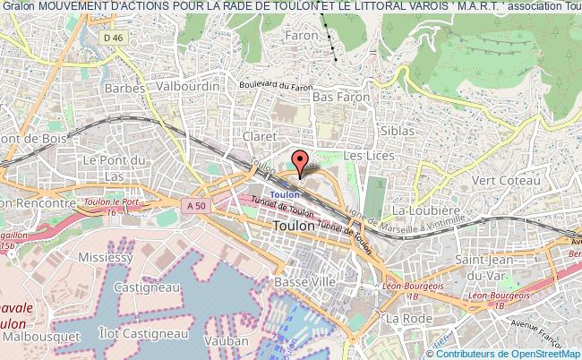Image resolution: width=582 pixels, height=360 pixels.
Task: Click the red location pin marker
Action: pos(300,162)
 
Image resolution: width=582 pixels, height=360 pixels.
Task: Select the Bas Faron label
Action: pos(336,97)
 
